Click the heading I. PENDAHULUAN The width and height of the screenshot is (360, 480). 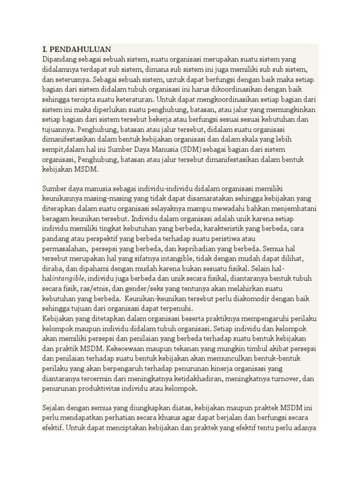tap(76, 49)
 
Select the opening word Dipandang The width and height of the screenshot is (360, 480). tap(60, 60)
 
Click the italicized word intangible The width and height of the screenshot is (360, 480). tap(70, 278)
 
